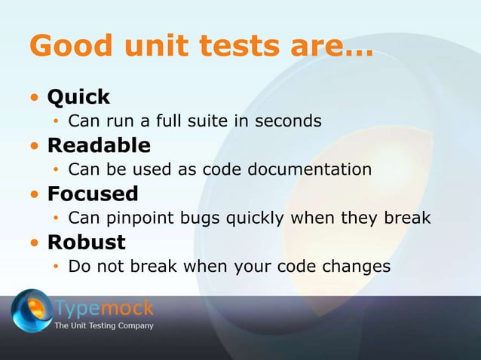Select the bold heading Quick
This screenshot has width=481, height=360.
point(78,97)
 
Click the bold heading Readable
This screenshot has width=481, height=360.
point(99,145)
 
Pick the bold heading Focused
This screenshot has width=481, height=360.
point(93,194)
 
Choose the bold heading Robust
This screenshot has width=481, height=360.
point(87,243)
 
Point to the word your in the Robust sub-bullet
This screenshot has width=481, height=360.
point(261,267)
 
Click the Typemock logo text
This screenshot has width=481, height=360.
point(104,307)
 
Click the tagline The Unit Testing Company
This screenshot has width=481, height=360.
point(104,326)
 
